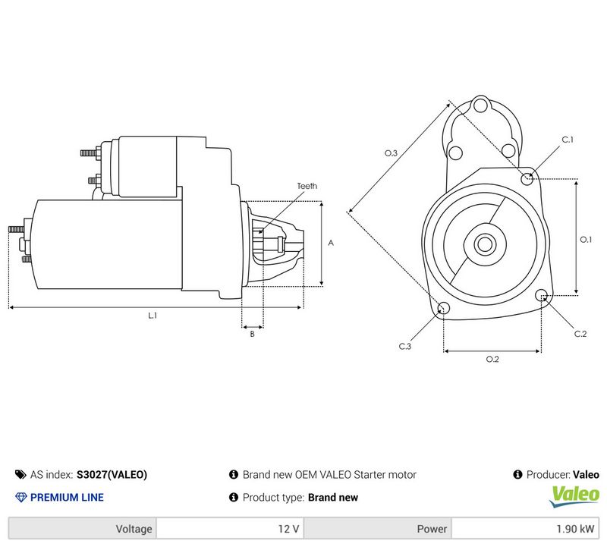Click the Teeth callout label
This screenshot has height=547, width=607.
pyautogui.click(x=307, y=186)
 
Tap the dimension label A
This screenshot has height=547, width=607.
pyautogui.click(x=331, y=243)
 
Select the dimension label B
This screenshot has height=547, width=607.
pyautogui.click(x=252, y=334)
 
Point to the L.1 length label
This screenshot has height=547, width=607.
pyautogui.click(x=153, y=316)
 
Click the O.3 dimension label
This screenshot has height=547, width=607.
pyautogui.click(x=391, y=153)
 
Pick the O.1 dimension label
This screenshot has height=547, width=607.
pyautogui.click(x=586, y=240)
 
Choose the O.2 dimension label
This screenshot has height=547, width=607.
pyautogui.click(x=492, y=360)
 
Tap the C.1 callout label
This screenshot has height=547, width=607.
pyautogui.click(x=568, y=140)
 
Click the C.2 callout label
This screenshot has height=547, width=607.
pyautogui.click(x=580, y=334)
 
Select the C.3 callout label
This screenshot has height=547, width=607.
pyautogui.click(x=405, y=346)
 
